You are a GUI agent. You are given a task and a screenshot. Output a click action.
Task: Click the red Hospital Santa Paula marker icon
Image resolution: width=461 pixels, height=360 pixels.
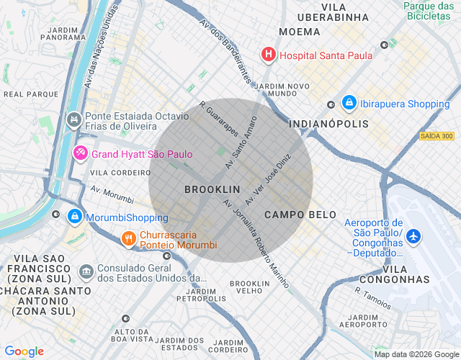pyautogui.click(x=268, y=55)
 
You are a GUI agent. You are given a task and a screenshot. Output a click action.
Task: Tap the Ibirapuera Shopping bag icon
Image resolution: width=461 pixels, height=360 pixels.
pyautogui.click(x=349, y=104)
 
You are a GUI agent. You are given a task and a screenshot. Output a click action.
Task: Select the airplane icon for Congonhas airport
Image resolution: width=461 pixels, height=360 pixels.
pyautogui.click(x=413, y=235)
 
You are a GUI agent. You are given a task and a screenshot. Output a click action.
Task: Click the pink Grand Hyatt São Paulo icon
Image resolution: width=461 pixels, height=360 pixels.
pyautogui.click(x=81, y=153)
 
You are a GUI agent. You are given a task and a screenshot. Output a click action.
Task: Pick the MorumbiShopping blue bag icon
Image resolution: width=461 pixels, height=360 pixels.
pyautogui.click(x=74, y=217)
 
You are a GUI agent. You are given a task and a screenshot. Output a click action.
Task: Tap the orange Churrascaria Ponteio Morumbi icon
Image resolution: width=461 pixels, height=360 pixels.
pyautogui.click(x=128, y=238)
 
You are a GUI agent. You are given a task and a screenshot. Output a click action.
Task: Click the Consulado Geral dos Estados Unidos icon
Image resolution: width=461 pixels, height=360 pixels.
pyautogui.click(x=86, y=271)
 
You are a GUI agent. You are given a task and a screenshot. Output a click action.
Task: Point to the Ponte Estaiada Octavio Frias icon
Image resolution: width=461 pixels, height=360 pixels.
pyautogui.click(x=73, y=119)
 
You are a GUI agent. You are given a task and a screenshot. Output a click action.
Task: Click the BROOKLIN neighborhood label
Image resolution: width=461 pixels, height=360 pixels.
pyautogui.click(x=212, y=189)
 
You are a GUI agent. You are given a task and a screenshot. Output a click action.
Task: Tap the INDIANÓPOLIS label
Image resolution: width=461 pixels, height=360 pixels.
pyautogui.click(x=328, y=124)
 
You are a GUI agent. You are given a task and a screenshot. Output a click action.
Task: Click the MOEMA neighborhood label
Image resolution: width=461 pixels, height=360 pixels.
pyautogui.click(x=300, y=32)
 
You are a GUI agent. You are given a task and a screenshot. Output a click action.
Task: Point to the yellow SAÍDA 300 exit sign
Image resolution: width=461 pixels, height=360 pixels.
pyautogui.click(x=437, y=136)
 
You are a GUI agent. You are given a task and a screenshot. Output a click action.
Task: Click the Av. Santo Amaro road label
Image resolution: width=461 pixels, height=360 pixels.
pyautogui.click(x=241, y=142)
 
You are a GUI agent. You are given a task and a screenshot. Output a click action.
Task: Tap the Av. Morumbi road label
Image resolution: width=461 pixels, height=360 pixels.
pyautogui.click(x=112, y=194)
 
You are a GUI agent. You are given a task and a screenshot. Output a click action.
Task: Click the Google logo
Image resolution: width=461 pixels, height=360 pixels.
pyautogui.click(x=24, y=351)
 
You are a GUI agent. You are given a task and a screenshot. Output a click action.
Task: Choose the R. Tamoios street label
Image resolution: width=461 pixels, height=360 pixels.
pyautogui.click(x=372, y=296)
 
